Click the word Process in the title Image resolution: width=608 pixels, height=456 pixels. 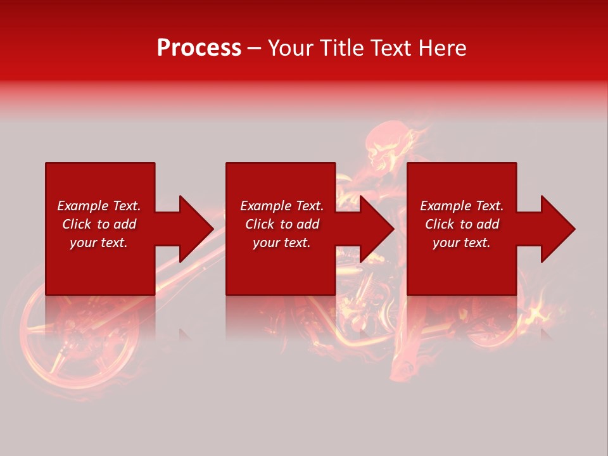click(x=199, y=48)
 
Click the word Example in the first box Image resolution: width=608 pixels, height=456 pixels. click(x=80, y=206)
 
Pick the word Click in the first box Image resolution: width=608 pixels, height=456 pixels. click(x=77, y=224)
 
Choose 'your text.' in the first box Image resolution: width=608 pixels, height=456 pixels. click(x=99, y=243)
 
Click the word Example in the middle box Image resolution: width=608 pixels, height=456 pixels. click(x=263, y=206)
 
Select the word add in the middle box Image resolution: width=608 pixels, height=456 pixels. click(x=308, y=224)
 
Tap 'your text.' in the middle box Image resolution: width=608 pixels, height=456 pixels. click(x=282, y=243)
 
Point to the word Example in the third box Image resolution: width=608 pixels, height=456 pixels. click(x=443, y=206)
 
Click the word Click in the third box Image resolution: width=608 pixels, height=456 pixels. click(x=440, y=224)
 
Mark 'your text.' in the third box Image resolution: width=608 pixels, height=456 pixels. click(x=462, y=243)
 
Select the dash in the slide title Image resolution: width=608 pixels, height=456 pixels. click(x=254, y=48)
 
